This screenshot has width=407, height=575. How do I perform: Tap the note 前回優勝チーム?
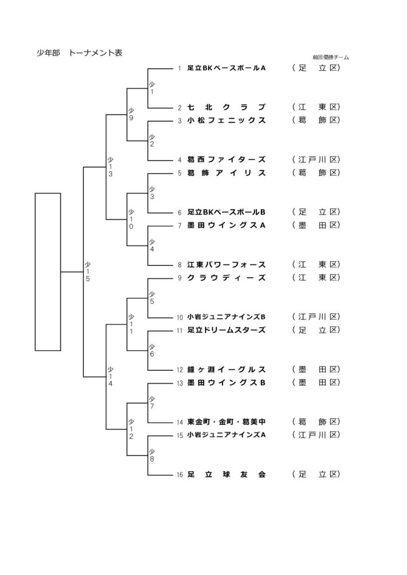click(331, 57)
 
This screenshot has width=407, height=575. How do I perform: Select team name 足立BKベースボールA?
click(226, 69)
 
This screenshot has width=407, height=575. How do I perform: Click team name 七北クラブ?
click(226, 107)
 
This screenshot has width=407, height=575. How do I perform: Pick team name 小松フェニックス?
click(226, 121)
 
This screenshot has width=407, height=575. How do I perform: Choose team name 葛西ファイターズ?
click(226, 159)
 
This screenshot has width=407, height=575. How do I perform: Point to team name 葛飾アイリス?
click(226, 173)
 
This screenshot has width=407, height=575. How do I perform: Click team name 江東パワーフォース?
click(226, 264)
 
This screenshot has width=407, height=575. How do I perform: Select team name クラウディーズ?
click(226, 278)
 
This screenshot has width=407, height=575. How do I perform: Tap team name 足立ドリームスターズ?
click(226, 330)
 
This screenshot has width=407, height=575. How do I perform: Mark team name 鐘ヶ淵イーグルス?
click(226, 369)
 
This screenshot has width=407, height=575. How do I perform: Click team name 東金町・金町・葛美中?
click(226, 421)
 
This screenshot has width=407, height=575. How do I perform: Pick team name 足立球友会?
click(226, 474)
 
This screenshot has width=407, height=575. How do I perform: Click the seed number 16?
click(180, 475)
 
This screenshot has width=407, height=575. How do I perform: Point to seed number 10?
click(180, 317)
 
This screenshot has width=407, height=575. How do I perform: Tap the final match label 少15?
click(88, 271)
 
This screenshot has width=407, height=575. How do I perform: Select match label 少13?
click(111, 167)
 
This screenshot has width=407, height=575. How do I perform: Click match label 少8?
click(152, 454)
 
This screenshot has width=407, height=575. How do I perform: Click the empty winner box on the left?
click(48, 271)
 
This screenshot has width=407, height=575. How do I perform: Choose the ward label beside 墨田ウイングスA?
click(317, 225)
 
